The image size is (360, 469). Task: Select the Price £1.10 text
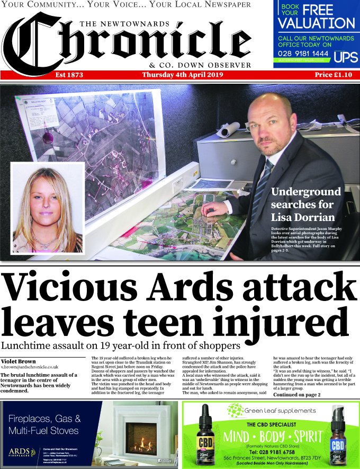tap(333, 75)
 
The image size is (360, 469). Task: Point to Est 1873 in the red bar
tap(69, 75)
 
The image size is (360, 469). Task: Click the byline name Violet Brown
tap(19, 361)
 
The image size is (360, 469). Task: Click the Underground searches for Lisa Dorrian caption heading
tap(305, 205)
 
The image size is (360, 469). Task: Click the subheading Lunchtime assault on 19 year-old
tap(119, 346)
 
